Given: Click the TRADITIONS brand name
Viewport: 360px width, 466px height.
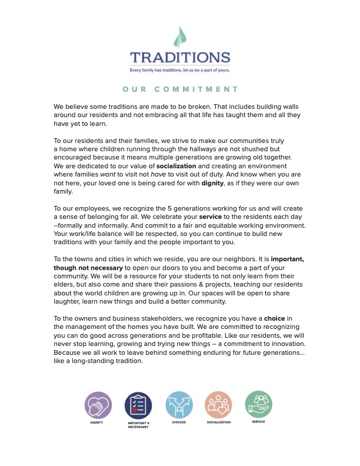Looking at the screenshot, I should [x=180, y=58].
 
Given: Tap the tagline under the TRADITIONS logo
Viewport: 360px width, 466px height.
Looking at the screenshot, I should [x=180, y=70].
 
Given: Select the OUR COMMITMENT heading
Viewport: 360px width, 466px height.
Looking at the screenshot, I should [x=180, y=89].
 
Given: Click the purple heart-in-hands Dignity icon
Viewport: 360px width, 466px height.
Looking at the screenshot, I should [x=98, y=405].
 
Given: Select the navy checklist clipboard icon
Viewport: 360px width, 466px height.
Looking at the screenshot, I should [x=138, y=405].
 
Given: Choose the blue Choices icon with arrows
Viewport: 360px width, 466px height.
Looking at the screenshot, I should [x=179, y=405].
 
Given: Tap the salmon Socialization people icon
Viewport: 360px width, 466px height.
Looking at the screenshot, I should [x=219, y=405].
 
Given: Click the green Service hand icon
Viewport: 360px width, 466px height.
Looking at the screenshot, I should [x=258, y=404].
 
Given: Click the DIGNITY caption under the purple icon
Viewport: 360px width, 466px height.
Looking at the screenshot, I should [x=98, y=422].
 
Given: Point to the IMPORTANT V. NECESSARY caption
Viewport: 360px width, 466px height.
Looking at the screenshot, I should [x=138, y=425].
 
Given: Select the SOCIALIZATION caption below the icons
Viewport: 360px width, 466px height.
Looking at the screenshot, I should [x=219, y=422].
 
